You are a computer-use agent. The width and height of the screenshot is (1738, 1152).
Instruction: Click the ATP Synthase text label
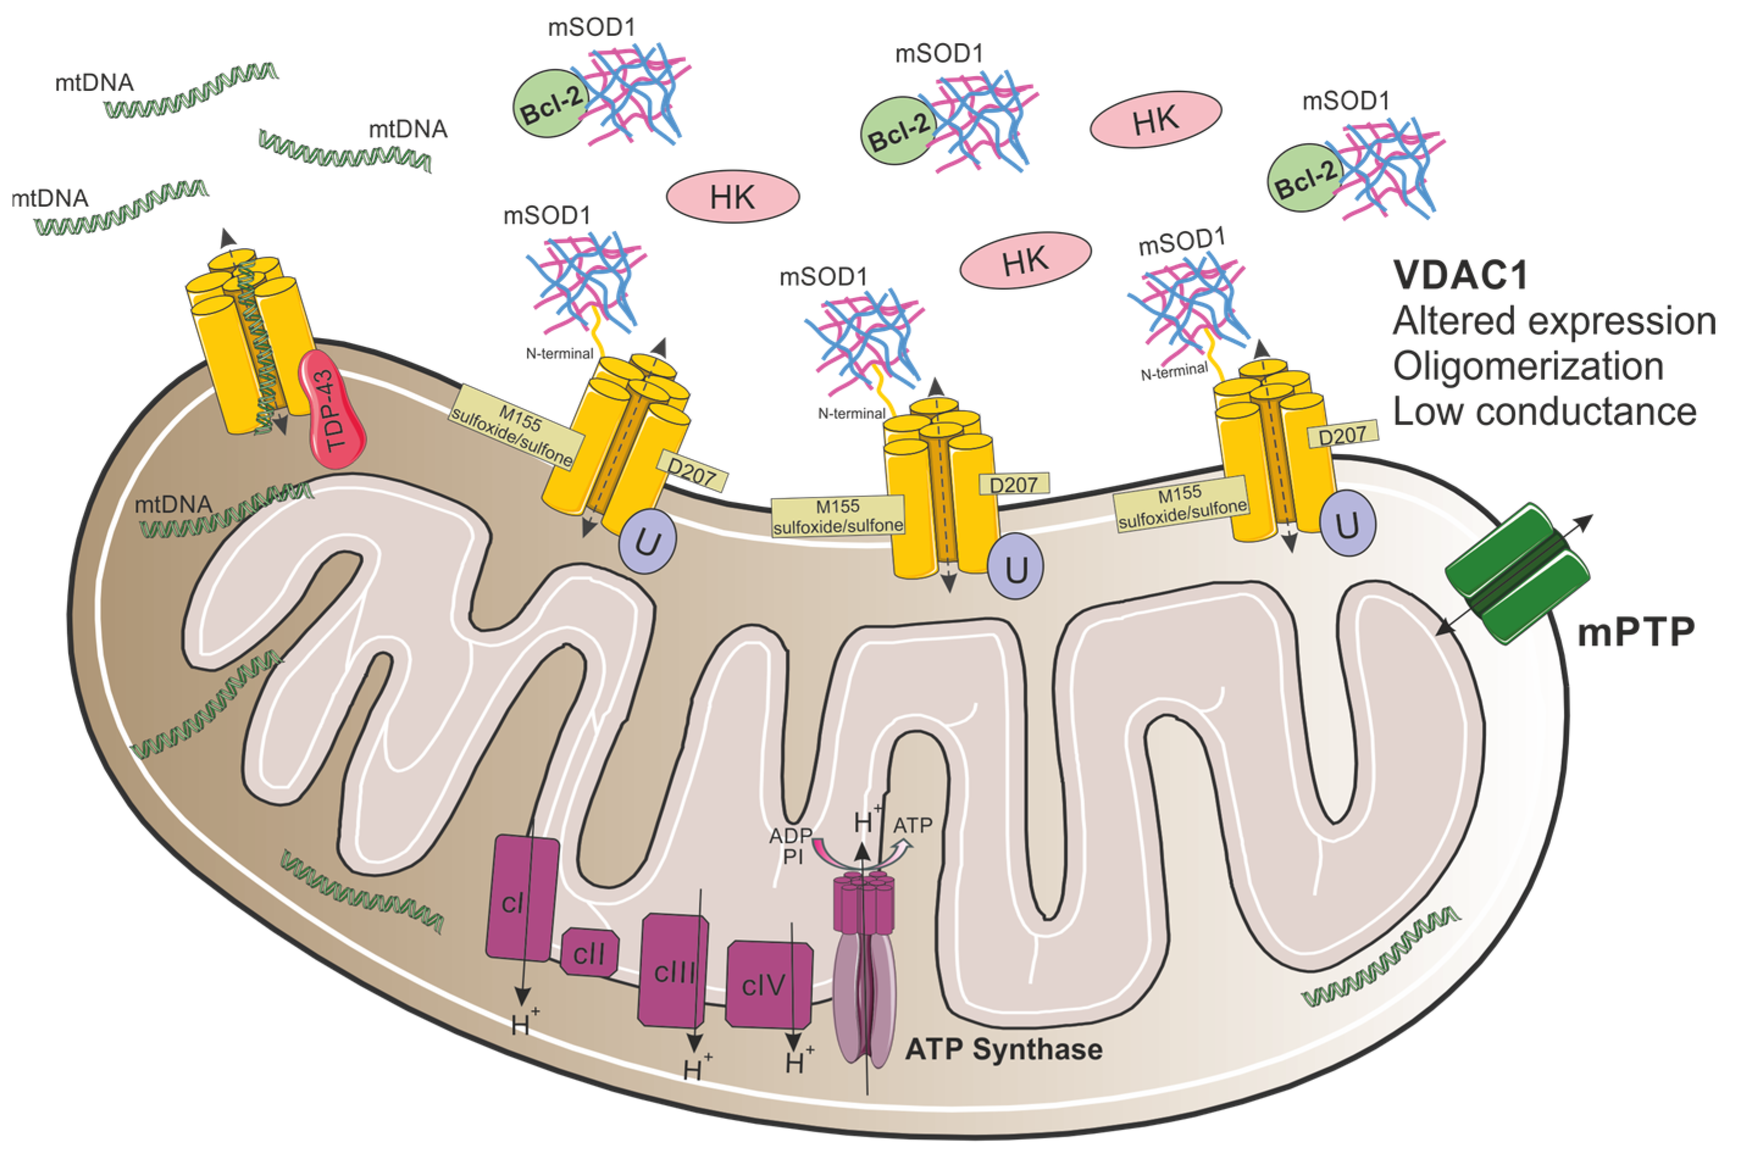(x=1004, y=1049)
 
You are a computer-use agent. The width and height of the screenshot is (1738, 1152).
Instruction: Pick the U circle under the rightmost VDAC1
(x=1346, y=525)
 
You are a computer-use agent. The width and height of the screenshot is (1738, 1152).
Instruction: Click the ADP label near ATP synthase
(x=790, y=835)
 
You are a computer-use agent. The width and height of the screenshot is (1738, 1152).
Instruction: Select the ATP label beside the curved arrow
(x=913, y=826)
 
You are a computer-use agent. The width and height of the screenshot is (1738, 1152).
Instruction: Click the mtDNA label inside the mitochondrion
(x=173, y=504)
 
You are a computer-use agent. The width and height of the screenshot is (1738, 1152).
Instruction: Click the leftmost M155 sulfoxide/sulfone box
(x=516, y=438)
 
